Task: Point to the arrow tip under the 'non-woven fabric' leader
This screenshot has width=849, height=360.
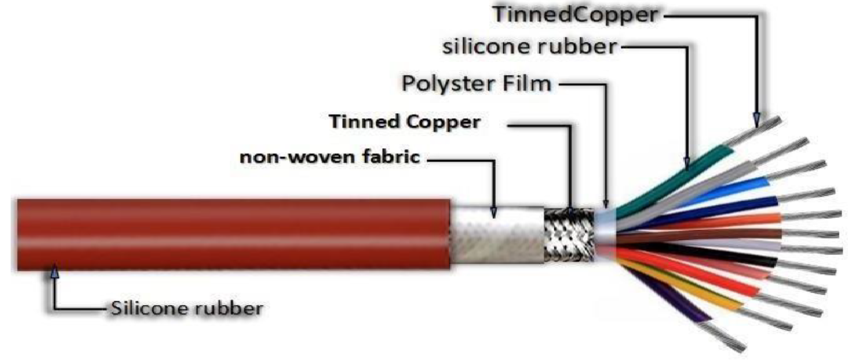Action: pyautogui.click(x=493, y=218)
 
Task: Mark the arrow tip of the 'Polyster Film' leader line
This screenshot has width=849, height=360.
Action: pyautogui.click(x=606, y=208)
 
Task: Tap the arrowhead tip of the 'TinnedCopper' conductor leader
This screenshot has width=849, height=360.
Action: pyautogui.click(x=756, y=127)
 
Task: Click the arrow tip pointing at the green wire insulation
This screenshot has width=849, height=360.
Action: pyautogui.click(x=687, y=168)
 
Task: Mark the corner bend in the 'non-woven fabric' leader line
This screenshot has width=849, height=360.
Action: pyautogui.click(x=493, y=161)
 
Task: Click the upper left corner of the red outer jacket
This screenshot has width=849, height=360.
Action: pyautogui.click(x=18, y=200)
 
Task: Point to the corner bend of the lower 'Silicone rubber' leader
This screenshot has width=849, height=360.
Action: pyautogui.click(x=55, y=308)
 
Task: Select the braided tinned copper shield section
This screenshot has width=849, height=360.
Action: pyautogui.click(x=569, y=235)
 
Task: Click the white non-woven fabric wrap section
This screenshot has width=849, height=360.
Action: pyautogui.click(x=497, y=235)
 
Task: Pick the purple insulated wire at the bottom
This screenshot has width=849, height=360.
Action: pyautogui.click(x=667, y=294)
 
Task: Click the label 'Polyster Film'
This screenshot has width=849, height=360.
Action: pyautogui.click(x=476, y=84)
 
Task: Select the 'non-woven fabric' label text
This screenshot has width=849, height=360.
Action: pyautogui.click(x=330, y=157)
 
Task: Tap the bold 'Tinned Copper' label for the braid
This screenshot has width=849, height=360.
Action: pyautogui.click(x=404, y=122)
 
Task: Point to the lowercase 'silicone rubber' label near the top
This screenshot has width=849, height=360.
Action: pyautogui.click(x=530, y=47)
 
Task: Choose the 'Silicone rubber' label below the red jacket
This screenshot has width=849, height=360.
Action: pyautogui.click(x=187, y=308)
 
